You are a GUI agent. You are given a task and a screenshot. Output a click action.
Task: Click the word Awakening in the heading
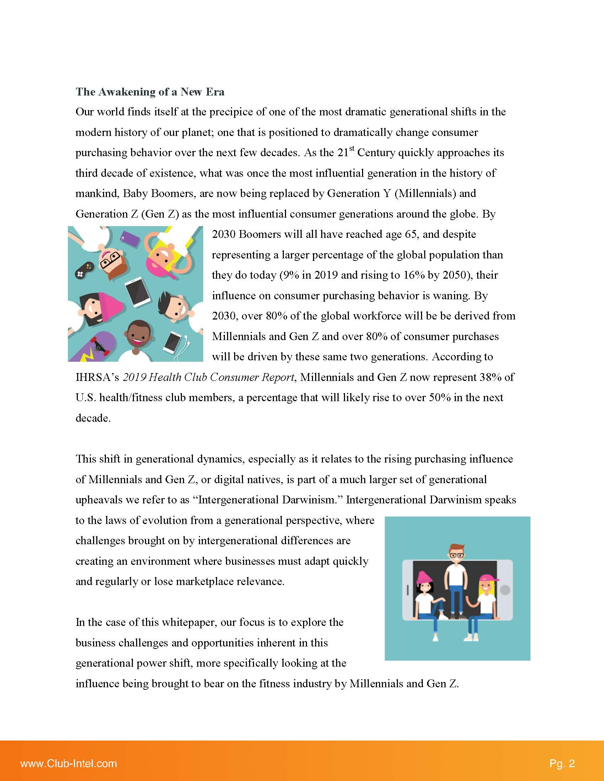pyautogui.click(x=127, y=92)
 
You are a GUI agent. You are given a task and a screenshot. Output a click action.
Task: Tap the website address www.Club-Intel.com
pyautogui.click(x=69, y=764)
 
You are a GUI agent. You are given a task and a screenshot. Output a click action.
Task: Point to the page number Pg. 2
pyautogui.click(x=562, y=764)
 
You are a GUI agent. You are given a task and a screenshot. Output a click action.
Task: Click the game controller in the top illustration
pyautogui.click(x=85, y=269)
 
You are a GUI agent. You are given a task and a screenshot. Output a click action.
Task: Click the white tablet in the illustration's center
pyautogui.click(x=138, y=292)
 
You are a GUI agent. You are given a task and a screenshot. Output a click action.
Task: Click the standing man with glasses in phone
pyautogui.click(x=456, y=576)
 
